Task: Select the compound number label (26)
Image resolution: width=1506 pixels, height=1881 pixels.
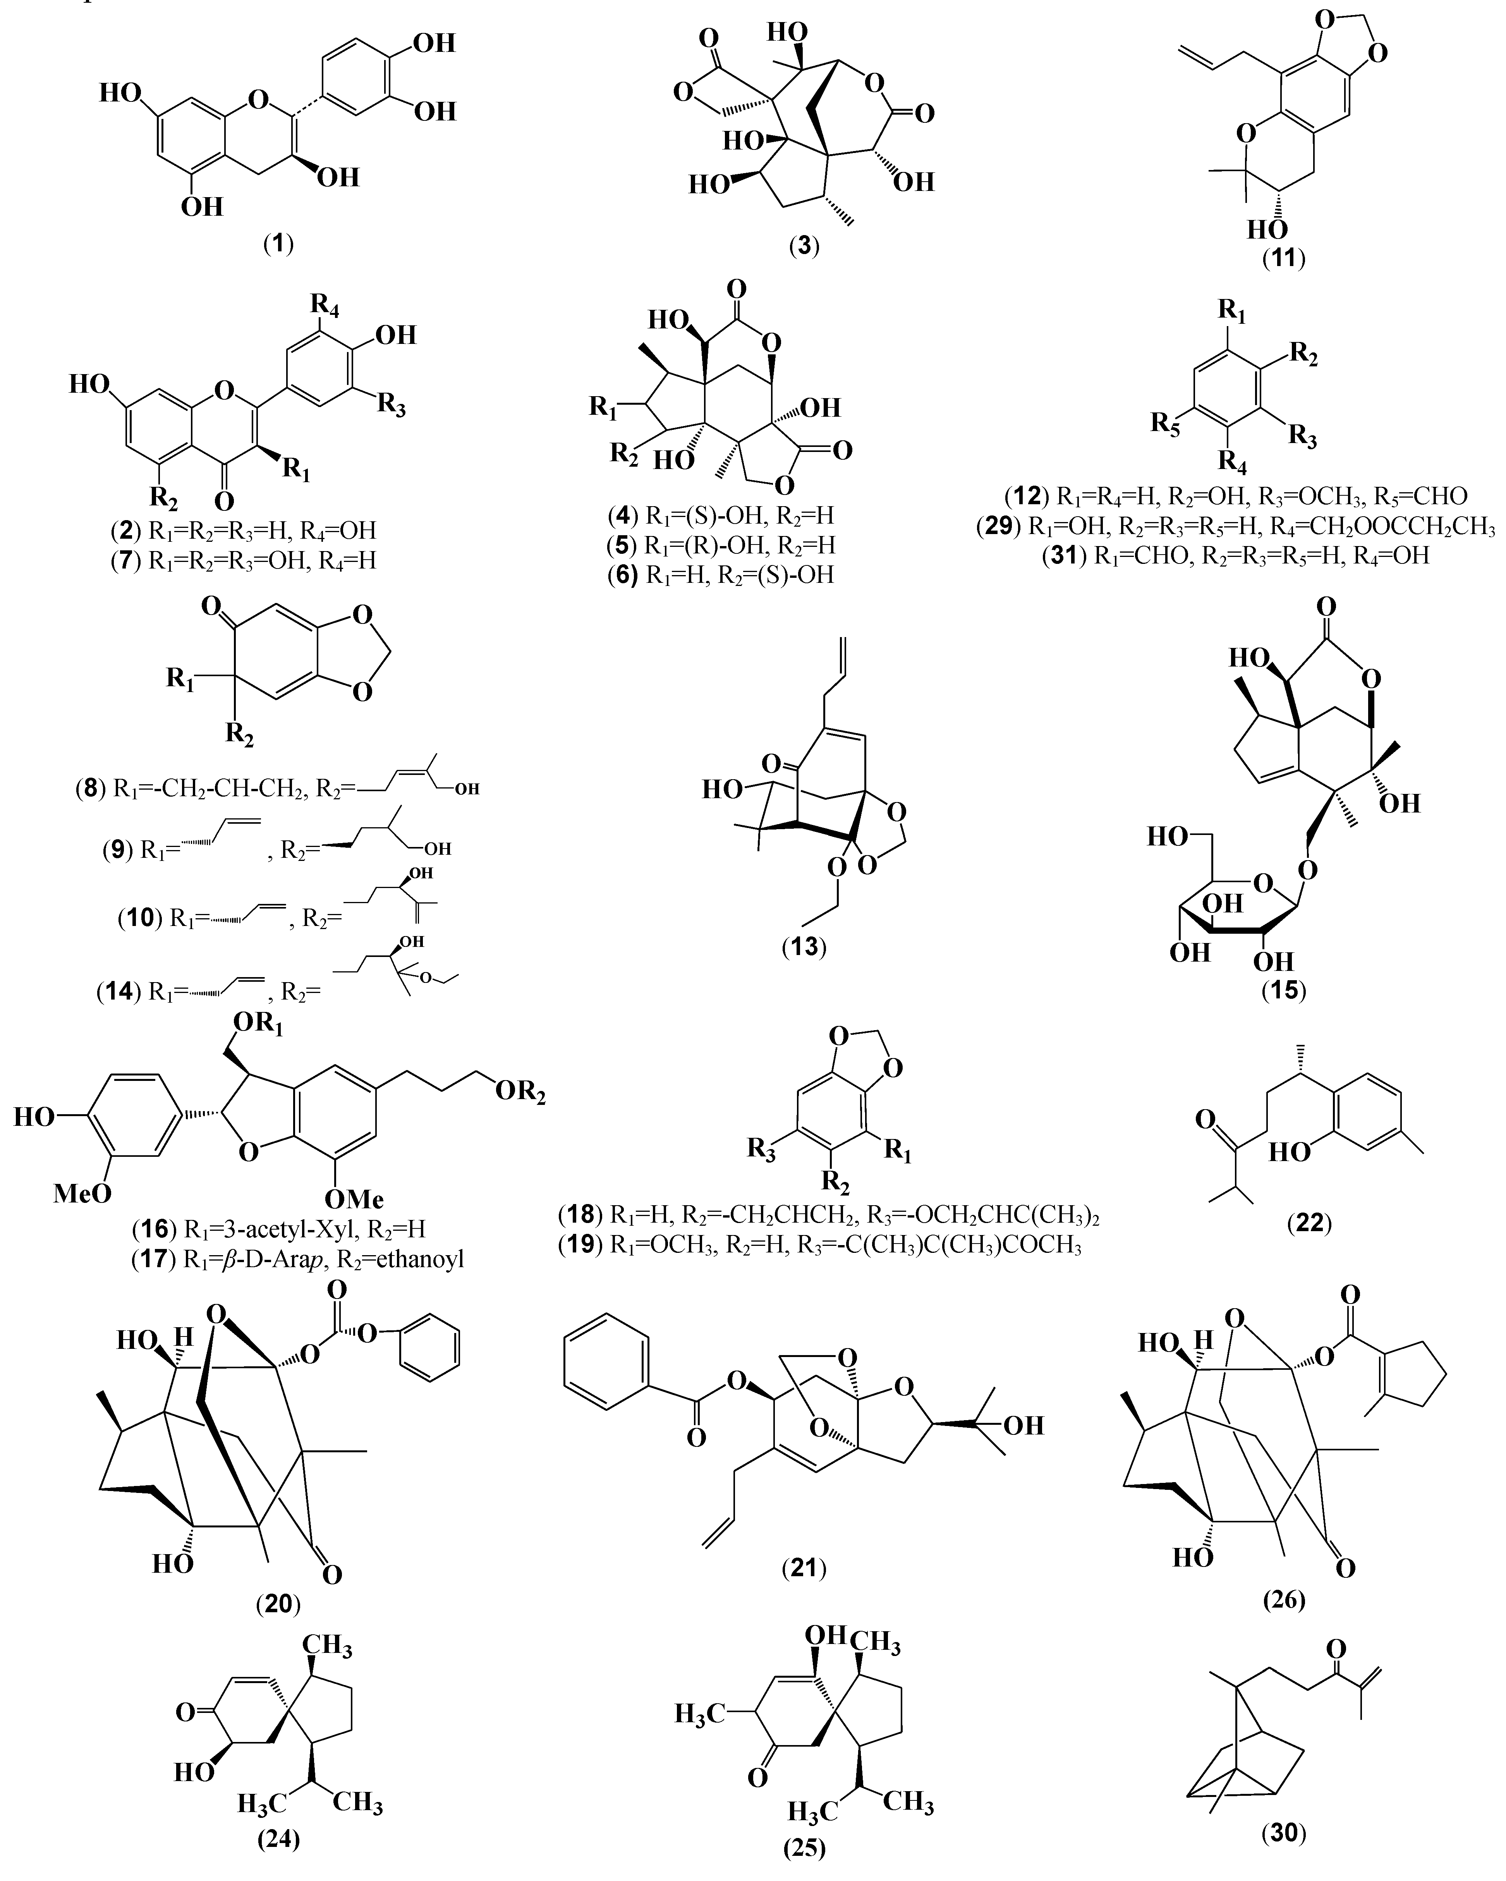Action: click(x=1283, y=1599)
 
